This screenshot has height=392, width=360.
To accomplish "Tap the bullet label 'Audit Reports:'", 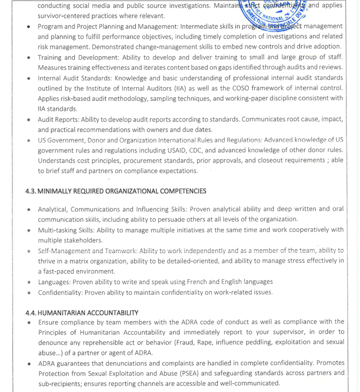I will pyautogui.click(x=61, y=119).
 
